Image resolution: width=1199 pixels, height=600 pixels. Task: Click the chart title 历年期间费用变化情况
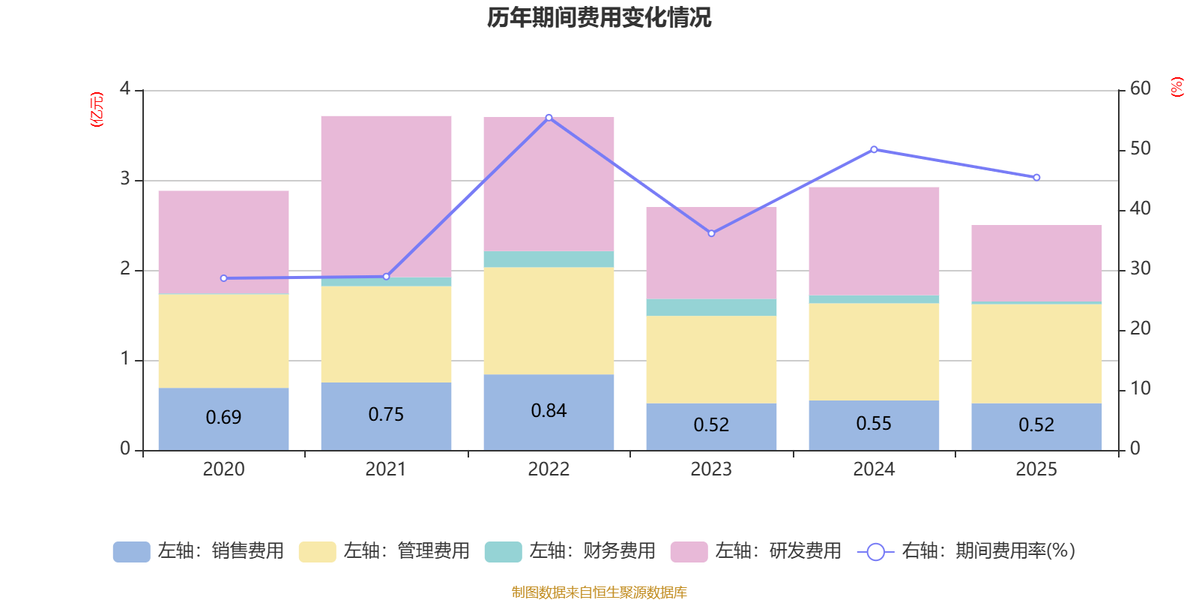click(599, 17)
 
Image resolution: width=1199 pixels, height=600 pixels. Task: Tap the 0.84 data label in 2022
click(549, 411)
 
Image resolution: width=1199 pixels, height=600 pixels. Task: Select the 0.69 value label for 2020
click(223, 417)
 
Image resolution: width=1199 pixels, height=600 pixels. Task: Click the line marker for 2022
click(549, 118)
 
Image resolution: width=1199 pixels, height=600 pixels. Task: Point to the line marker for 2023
click(711, 233)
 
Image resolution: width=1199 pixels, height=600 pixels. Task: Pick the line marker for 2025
click(1036, 178)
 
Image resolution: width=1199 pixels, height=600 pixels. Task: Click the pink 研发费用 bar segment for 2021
click(386, 196)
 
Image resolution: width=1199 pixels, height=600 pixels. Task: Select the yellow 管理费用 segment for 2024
click(874, 351)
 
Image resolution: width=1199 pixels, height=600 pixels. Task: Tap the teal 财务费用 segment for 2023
click(711, 307)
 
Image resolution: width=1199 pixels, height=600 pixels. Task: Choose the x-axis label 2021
click(386, 469)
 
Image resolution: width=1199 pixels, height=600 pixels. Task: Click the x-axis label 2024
click(874, 469)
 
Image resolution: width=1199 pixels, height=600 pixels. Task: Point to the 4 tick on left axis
click(125, 89)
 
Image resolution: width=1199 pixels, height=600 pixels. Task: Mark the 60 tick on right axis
click(1141, 88)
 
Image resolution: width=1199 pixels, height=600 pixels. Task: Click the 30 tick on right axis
click(1141, 268)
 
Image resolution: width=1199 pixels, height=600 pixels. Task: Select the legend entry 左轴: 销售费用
click(199, 551)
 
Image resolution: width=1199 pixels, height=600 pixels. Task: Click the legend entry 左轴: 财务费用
click(570, 551)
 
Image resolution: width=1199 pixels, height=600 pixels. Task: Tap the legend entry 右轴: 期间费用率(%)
click(967, 551)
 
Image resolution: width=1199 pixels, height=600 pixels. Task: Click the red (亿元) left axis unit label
click(97, 109)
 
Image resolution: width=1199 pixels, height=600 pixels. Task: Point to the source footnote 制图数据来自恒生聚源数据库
click(599, 592)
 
